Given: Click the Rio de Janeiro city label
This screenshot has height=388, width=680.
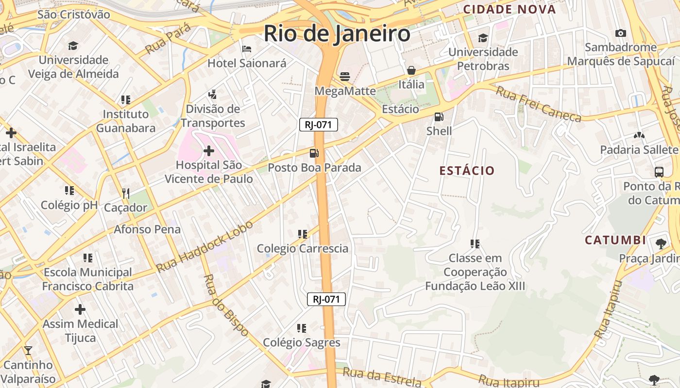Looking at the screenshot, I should (x=337, y=34).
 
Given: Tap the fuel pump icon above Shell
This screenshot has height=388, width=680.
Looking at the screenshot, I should (x=439, y=117).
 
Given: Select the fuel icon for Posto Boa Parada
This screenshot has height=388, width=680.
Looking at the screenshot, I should (x=314, y=153).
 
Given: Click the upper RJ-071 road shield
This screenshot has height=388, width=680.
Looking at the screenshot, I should (x=318, y=125).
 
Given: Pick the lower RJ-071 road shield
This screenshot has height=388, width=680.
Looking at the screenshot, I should (x=326, y=299).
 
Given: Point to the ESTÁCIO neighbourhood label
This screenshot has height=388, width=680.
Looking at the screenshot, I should (x=466, y=171).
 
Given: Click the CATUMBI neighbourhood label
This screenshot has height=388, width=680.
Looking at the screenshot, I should (x=615, y=240).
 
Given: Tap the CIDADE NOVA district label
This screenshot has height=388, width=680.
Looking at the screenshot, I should (x=509, y=9).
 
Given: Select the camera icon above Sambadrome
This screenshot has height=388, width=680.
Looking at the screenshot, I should (x=620, y=33).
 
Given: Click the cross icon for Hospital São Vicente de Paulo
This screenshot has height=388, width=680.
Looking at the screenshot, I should (x=209, y=151).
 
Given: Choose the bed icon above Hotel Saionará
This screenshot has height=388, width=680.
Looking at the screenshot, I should (x=247, y=49).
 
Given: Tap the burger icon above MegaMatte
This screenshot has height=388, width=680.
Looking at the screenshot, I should (x=345, y=76).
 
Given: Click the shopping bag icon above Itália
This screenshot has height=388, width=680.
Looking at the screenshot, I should (x=411, y=70).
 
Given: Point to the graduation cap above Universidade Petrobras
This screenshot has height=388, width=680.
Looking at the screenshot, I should (x=483, y=38).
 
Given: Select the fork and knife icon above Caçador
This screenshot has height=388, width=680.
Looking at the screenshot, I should (x=126, y=194).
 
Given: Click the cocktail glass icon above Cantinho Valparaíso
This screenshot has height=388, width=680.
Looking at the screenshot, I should (x=28, y=350).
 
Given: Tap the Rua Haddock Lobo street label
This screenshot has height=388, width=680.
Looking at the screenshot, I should (x=204, y=247).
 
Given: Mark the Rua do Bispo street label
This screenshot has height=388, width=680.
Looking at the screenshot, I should (x=226, y=306).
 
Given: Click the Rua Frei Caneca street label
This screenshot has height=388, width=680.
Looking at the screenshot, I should (x=538, y=104).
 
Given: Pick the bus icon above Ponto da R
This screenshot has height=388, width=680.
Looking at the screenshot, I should (x=659, y=172).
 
